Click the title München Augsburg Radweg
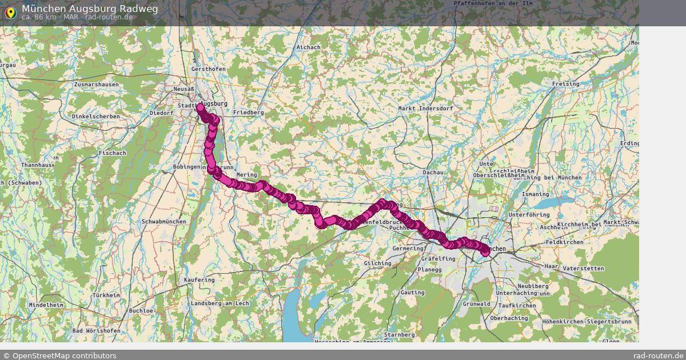pyautogui.click(x=90, y=9)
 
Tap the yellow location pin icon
pyautogui.click(x=10, y=12)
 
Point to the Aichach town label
pyautogui.click(x=308, y=47)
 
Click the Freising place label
pyautogui.click(x=565, y=84)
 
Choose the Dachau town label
pyautogui.click(x=433, y=172)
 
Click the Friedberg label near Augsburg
pyautogui.click(x=248, y=113)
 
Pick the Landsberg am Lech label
pyautogui.click(x=220, y=303)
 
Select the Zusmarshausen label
pyautogui.click(x=96, y=85)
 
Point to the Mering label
pyautogui.click(x=246, y=175)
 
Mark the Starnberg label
pyautogui.click(x=399, y=334)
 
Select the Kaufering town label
pyautogui.click(x=200, y=280)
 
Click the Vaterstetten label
pyautogui.click(x=583, y=268)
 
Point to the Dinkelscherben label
pyautogui.click(x=95, y=117)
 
